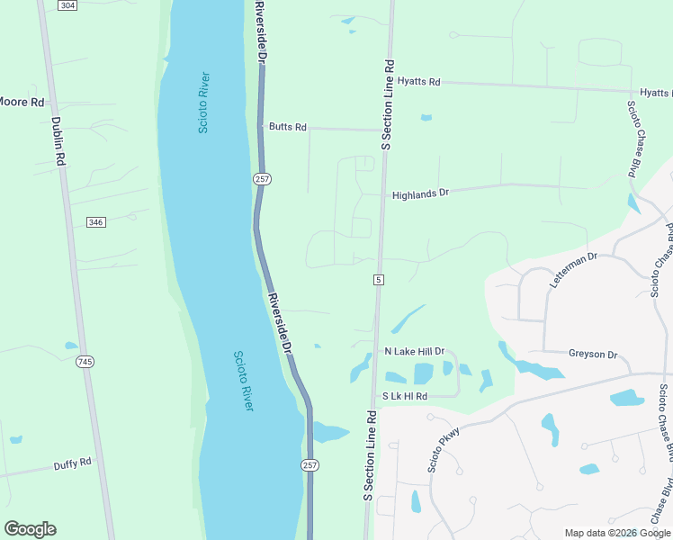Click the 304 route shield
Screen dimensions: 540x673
click(x=67, y=5)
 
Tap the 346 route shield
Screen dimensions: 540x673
click(x=96, y=222)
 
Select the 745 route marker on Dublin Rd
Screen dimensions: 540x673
click(x=85, y=362)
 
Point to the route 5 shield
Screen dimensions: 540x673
click(x=379, y=281)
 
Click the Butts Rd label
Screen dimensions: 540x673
click(x=288, y=128)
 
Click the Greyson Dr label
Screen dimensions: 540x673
click(x=593, y=354)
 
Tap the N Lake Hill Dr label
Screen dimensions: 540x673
click(x=414, y=351)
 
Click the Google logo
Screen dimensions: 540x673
click(x=30, y=529)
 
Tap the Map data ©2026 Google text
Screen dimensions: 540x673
click(x=616, y=533)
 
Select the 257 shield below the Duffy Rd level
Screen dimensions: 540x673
click(x=309, y=464)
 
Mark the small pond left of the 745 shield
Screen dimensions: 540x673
click(x=71, y=346)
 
